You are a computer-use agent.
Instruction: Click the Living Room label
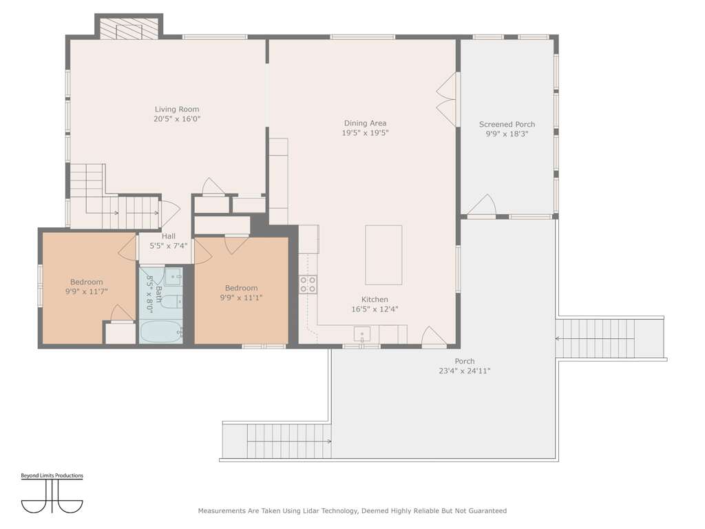tap(177, 110)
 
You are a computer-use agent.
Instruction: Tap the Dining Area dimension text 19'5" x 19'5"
tap(365, 133)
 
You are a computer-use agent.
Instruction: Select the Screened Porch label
tap(507, 124)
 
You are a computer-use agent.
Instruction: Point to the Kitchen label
tap(375, 300)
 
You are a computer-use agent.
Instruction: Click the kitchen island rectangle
tap(383, 255)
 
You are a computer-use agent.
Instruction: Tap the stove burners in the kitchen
tap(308, 284)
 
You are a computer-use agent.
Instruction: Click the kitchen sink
tap(362, 334)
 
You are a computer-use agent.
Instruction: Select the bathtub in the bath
tap(161, 332)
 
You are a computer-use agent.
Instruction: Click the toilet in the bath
tap(171, 302)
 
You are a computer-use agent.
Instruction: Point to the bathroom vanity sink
tap(173, 277)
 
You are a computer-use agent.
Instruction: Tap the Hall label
tap(169, 236)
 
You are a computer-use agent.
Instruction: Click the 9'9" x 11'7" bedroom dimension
tap(86, 291)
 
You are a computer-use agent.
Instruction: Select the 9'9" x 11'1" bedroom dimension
tap(241, 298)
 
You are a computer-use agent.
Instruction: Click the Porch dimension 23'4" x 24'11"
tap(465, 371)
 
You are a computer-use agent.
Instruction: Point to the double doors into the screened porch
tap(448, 99)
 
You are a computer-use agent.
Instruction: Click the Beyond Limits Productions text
tap(52, 475)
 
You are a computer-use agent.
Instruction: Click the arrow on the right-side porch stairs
tap(595, 338)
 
